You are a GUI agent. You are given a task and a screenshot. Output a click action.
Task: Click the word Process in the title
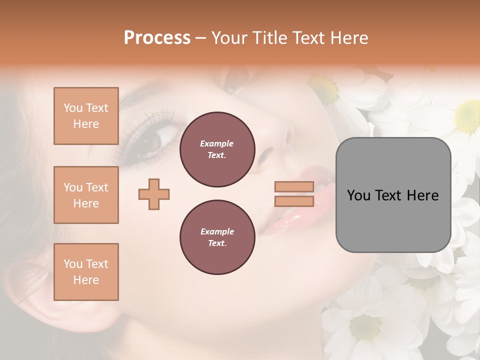pos(157,38)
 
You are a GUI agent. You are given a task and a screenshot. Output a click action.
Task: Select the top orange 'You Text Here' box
pos(86,116)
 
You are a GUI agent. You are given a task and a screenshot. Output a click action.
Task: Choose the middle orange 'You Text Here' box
pos(86,195)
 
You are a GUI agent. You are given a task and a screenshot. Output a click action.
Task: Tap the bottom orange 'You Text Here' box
pos(86,272)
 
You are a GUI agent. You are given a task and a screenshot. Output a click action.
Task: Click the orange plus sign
pos(154,194)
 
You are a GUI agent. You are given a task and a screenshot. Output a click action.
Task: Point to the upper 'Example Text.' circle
pos(217,149)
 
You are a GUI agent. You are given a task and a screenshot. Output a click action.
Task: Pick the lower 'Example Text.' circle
pos(217,237)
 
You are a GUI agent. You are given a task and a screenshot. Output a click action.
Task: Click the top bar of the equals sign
pos(294,186)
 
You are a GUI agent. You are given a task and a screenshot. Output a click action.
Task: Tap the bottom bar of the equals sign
pos(294,201)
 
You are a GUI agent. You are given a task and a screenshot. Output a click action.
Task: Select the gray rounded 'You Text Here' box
pos(393,195)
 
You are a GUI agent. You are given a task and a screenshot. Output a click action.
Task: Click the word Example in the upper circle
pos(217,143)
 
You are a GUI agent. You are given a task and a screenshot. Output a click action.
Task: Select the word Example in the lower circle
pos(217,231)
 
